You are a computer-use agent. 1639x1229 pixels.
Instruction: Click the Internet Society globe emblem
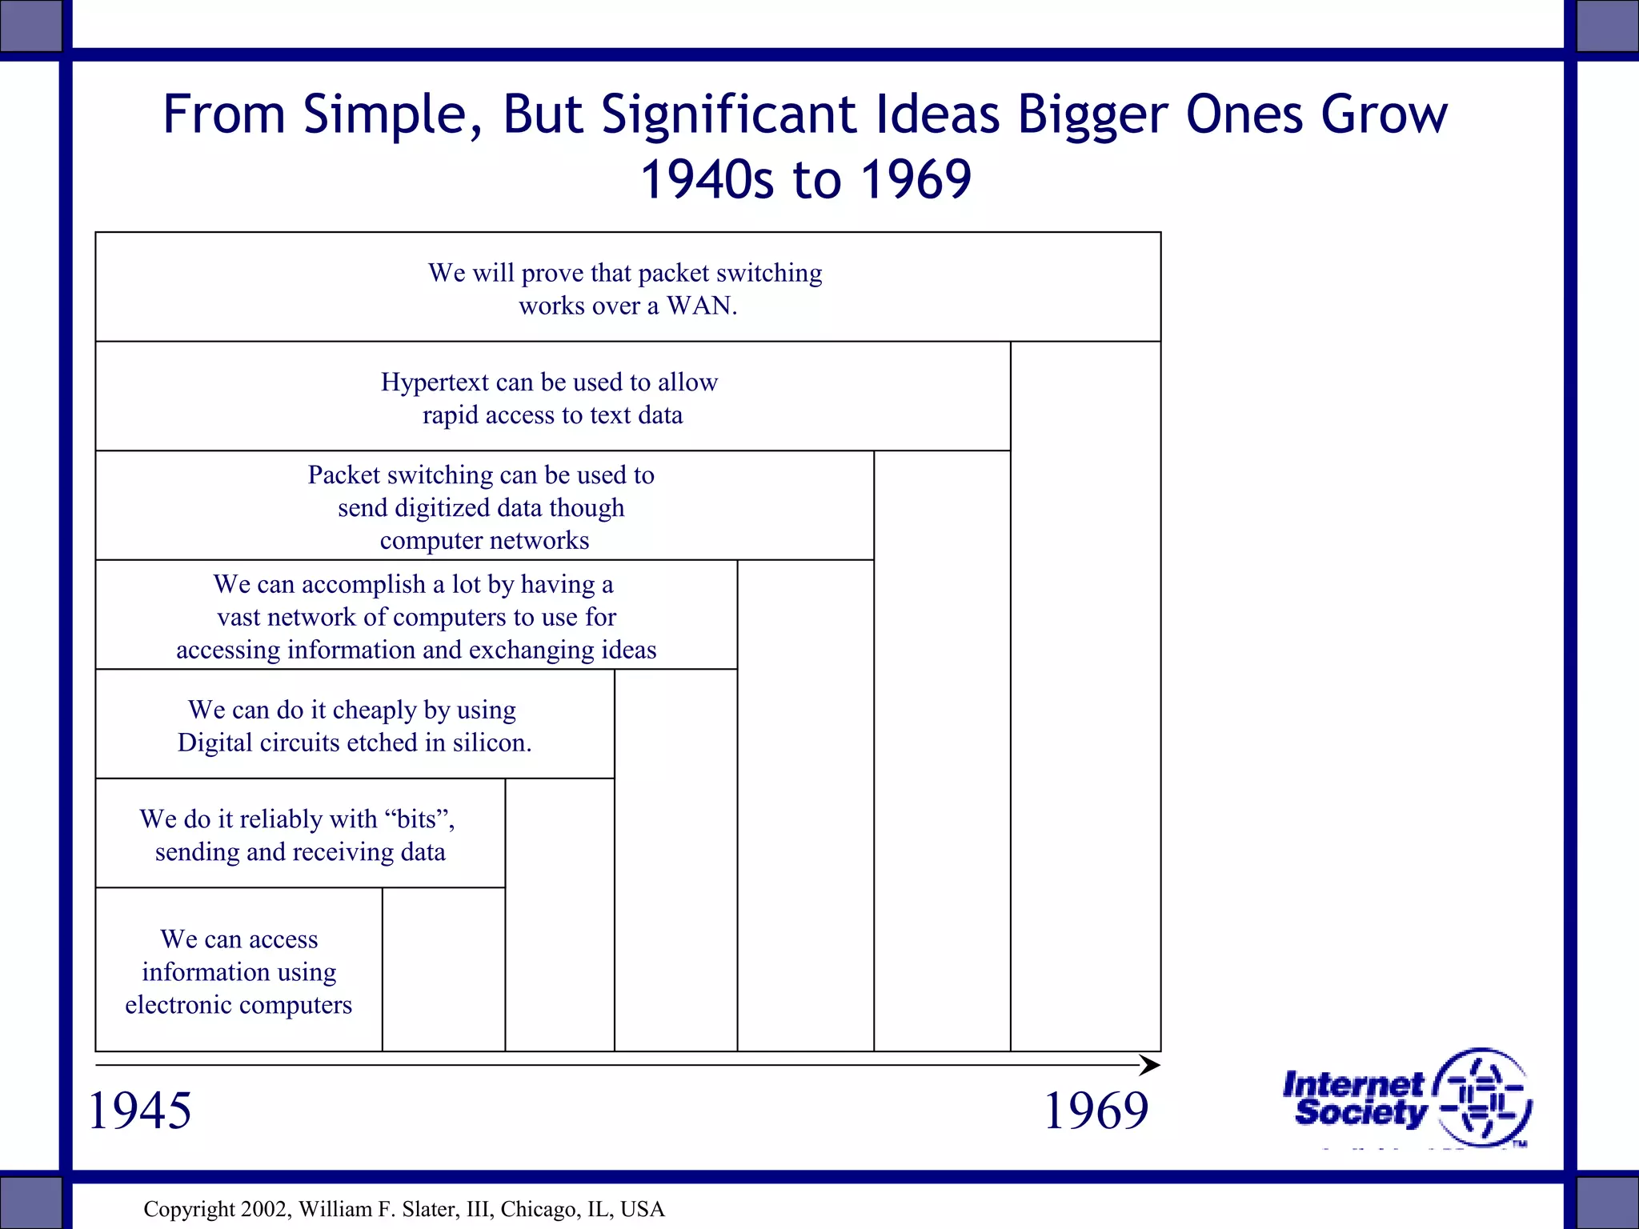click(x=1483, y=1097)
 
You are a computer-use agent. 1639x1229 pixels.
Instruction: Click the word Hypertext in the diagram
click(x=434, y=382)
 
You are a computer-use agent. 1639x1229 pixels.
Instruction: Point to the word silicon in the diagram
click(x=491, y=743)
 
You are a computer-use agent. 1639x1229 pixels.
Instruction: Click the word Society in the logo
click(x=1361, y=1112)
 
